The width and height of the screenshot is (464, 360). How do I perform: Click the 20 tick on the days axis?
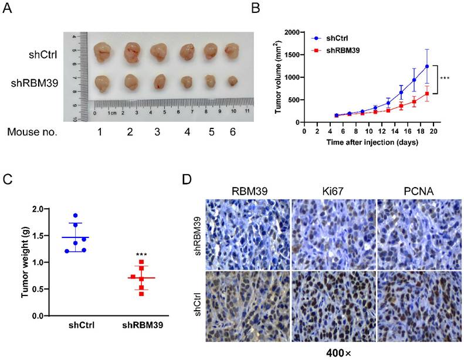click(433, 132)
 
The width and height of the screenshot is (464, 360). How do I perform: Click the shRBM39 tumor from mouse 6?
click(233, 80)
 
